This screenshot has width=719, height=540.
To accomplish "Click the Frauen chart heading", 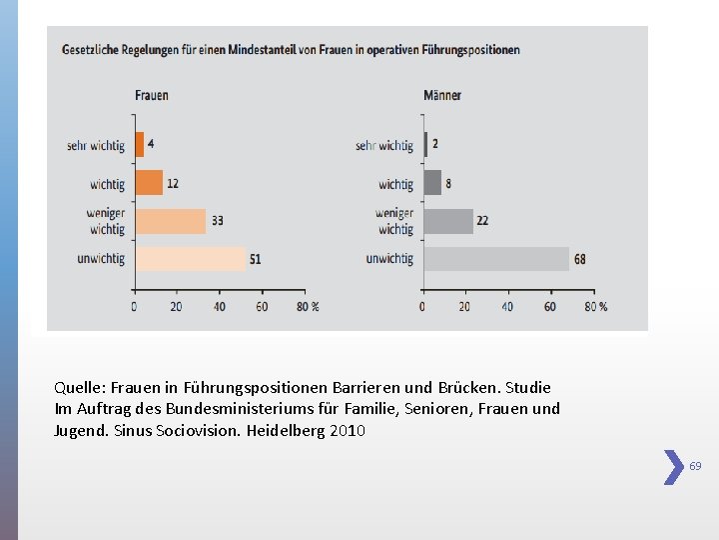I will pyautogui.click(x=152, y=95).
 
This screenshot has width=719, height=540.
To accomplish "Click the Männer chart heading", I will pyautogui.click(x=442, y=95).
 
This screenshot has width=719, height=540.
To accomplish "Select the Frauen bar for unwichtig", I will pyautogui.click(x=190, y=259).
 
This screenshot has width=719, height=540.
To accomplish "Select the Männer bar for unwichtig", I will pyautogui.click(x=496, y=259).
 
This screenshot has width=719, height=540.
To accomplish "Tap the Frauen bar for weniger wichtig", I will pyautogui.click(x=170, y=221).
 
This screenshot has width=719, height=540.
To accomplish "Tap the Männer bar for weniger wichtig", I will pyautogui.click(x=448, y=221).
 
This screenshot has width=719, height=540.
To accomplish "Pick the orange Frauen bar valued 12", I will pyautogui.click(x=148, y=183).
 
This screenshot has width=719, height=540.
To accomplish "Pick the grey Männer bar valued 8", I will pyautogui.click(x=432, y=183).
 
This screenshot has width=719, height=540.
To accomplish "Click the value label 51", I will pyautogui.click(x=256, y=260).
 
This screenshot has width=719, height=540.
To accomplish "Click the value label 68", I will pyautogui.click(x=580, y=260).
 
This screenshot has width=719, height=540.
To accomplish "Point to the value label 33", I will pyautogui.click(x=217, y=221).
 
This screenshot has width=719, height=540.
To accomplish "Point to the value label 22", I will pyautogui.click(x=482, y=221).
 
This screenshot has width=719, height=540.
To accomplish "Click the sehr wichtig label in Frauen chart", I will pyautogui.click(x=96, y=146).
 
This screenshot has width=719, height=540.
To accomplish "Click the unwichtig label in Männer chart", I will pyautogui.click(x=389, y=259).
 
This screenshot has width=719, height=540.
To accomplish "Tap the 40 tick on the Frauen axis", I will pyautogui.click(x=219, y=307).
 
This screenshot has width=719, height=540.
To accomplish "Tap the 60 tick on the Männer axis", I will pyautogui.click(x=550, y=307).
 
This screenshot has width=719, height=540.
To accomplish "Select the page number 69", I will pyautogui.click(x=695, y=466).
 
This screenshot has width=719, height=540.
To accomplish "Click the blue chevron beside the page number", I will pyautogui.click(x=674, y=467).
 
